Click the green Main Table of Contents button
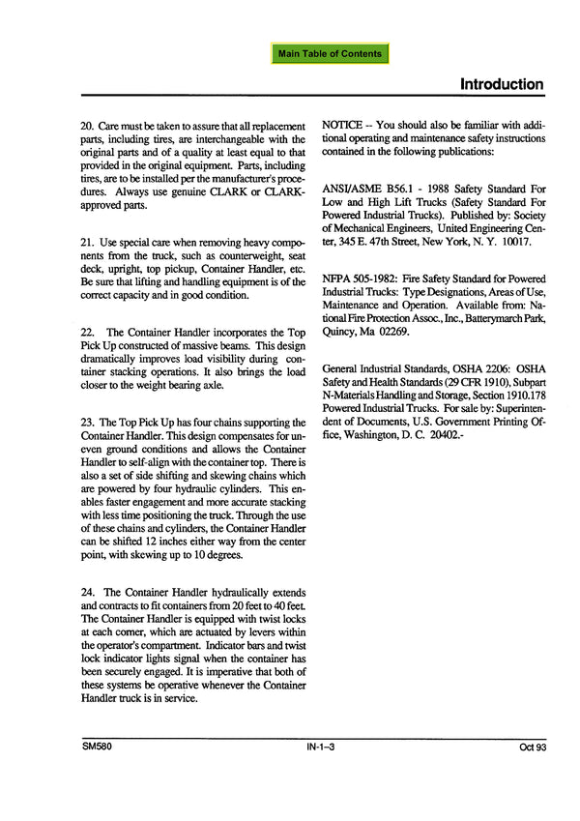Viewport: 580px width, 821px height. tap(330, 53)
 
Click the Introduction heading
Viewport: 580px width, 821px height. tap(501, 84)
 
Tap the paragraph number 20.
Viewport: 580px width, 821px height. tap(87, 128)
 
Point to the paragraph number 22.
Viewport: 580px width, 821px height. tap(87, 333)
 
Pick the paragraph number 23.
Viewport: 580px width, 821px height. tap(87, 424)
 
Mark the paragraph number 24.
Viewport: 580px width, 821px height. tap(87, 592)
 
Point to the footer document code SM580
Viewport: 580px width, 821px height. tap(97, 748)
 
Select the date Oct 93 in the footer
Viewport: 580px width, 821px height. tap(530, 748)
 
